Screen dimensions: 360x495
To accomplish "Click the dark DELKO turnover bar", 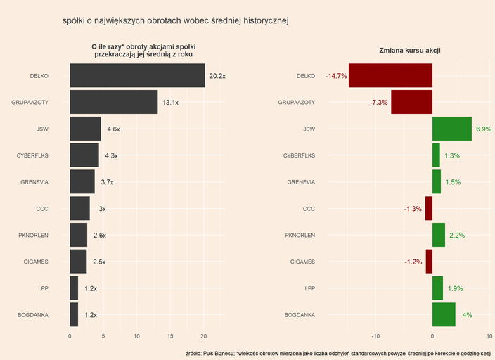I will pos(137,76).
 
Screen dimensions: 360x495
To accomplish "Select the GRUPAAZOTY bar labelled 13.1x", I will pos(113,103).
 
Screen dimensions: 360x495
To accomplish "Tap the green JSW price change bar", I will pos(451,129).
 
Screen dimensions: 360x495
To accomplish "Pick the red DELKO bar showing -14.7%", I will pos(390,76).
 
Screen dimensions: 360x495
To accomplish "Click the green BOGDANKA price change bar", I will pos(444,315).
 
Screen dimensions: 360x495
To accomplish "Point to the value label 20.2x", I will pos(217,76).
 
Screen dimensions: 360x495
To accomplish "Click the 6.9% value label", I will pos(484,129).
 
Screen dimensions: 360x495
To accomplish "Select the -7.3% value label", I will pos(379,103).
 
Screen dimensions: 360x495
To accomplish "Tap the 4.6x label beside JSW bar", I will pos(113,129).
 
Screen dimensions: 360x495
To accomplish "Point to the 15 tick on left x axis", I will pos(171,335).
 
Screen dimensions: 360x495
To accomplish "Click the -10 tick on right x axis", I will pos(375,335).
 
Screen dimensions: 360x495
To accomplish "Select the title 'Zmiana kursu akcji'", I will pos(410,51).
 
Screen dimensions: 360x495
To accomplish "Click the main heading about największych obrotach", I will pos(176,21).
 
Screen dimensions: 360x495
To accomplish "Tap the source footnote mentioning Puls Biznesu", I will pos(338,352).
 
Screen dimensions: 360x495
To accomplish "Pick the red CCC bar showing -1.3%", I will pos(428,209).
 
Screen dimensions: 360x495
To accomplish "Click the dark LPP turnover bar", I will pos(74,288).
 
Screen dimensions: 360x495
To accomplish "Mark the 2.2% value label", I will pos(457,236).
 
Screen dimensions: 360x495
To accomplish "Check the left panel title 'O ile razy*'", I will pos(143,50).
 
